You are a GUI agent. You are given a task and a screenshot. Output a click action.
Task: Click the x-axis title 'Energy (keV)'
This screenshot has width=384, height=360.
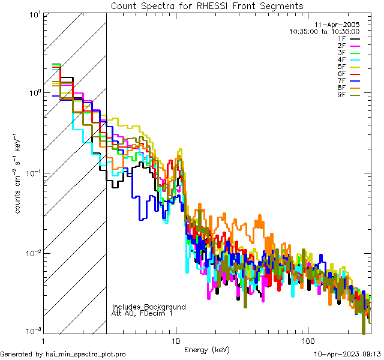(x=206, y=350)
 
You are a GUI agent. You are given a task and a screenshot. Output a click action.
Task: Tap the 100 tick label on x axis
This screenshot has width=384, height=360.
(x=307, y=340)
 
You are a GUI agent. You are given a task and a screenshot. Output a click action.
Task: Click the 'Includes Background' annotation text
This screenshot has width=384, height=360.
(x=149, y=307)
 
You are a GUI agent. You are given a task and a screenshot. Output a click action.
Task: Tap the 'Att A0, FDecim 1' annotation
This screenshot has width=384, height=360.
(x=142, y=313)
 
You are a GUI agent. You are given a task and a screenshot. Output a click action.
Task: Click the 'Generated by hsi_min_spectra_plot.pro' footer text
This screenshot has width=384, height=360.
(x=63, y=354)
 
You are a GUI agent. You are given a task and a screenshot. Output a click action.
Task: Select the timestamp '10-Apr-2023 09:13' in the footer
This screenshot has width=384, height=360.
(x=347, y=354)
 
